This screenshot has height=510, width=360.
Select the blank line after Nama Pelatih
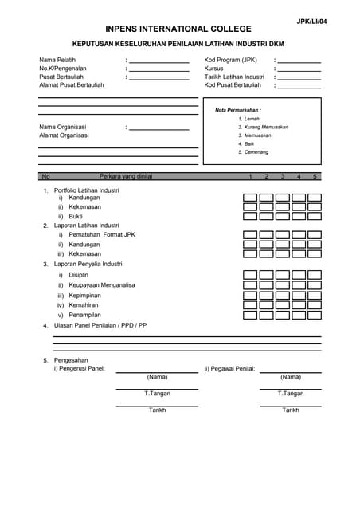pyautogui.click(x=159, y=61)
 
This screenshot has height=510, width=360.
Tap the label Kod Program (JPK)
pyautogui.click(x=231, y=60)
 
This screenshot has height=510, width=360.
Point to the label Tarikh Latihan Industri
pyautogui.click(x=234, y=76)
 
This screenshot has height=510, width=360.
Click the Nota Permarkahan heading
pyautogui.click(x=238, y=110)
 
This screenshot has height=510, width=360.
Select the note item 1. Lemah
pyautogui.click(x=248, y=119)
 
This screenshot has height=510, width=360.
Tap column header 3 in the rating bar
pyautogui.click(x=283, y=176)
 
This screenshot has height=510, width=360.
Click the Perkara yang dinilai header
pyautogui.click(x=125, y=176)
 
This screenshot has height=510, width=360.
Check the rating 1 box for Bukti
pyautogui.click(x=250, y=216)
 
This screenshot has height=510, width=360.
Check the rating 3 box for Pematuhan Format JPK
pyautogui.click(x=283, y=235)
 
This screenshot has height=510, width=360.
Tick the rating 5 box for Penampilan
pyautogui.click(x=315, y=315)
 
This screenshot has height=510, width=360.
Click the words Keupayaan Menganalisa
pyautogui.click(x=102, y=285)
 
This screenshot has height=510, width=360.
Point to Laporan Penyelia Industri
pyautogui.click(x=88, y=264)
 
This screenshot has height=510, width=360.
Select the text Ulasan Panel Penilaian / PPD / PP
pyautogui.click(x=100, y=325)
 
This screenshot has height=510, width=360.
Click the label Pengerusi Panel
pyautogui.click(x=84, y=368)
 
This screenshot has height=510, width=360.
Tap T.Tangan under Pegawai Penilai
pyautogui.click(x=291, y=393)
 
